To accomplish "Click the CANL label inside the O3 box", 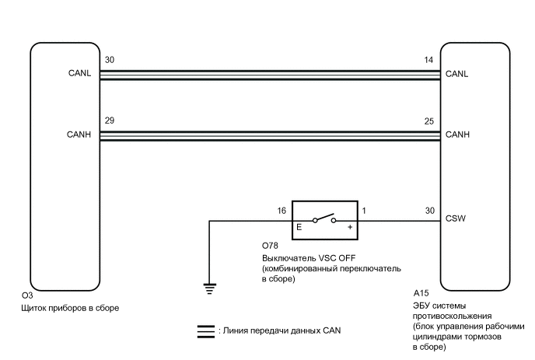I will [x=80, y=75].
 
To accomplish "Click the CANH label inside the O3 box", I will [x=80, y=135].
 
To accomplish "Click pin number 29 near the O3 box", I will [x=109, y=121].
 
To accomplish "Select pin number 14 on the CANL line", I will [x=426, y=61].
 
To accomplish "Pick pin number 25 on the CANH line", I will [x=426, y=121].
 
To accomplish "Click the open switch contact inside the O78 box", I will [x=324, y=218].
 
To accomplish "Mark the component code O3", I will [x=27, y=296].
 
